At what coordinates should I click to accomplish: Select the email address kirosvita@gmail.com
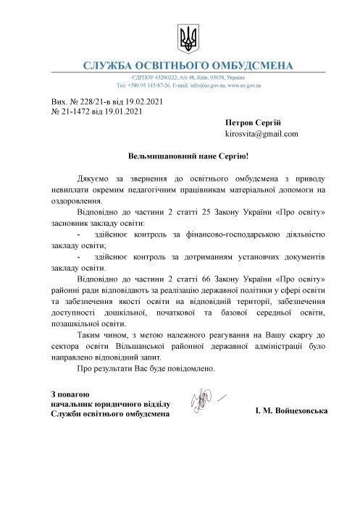[x=261, y=134]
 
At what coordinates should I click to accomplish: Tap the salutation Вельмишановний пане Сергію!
[x=188, y=156]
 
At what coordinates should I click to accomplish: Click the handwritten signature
[x=203, y=397]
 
